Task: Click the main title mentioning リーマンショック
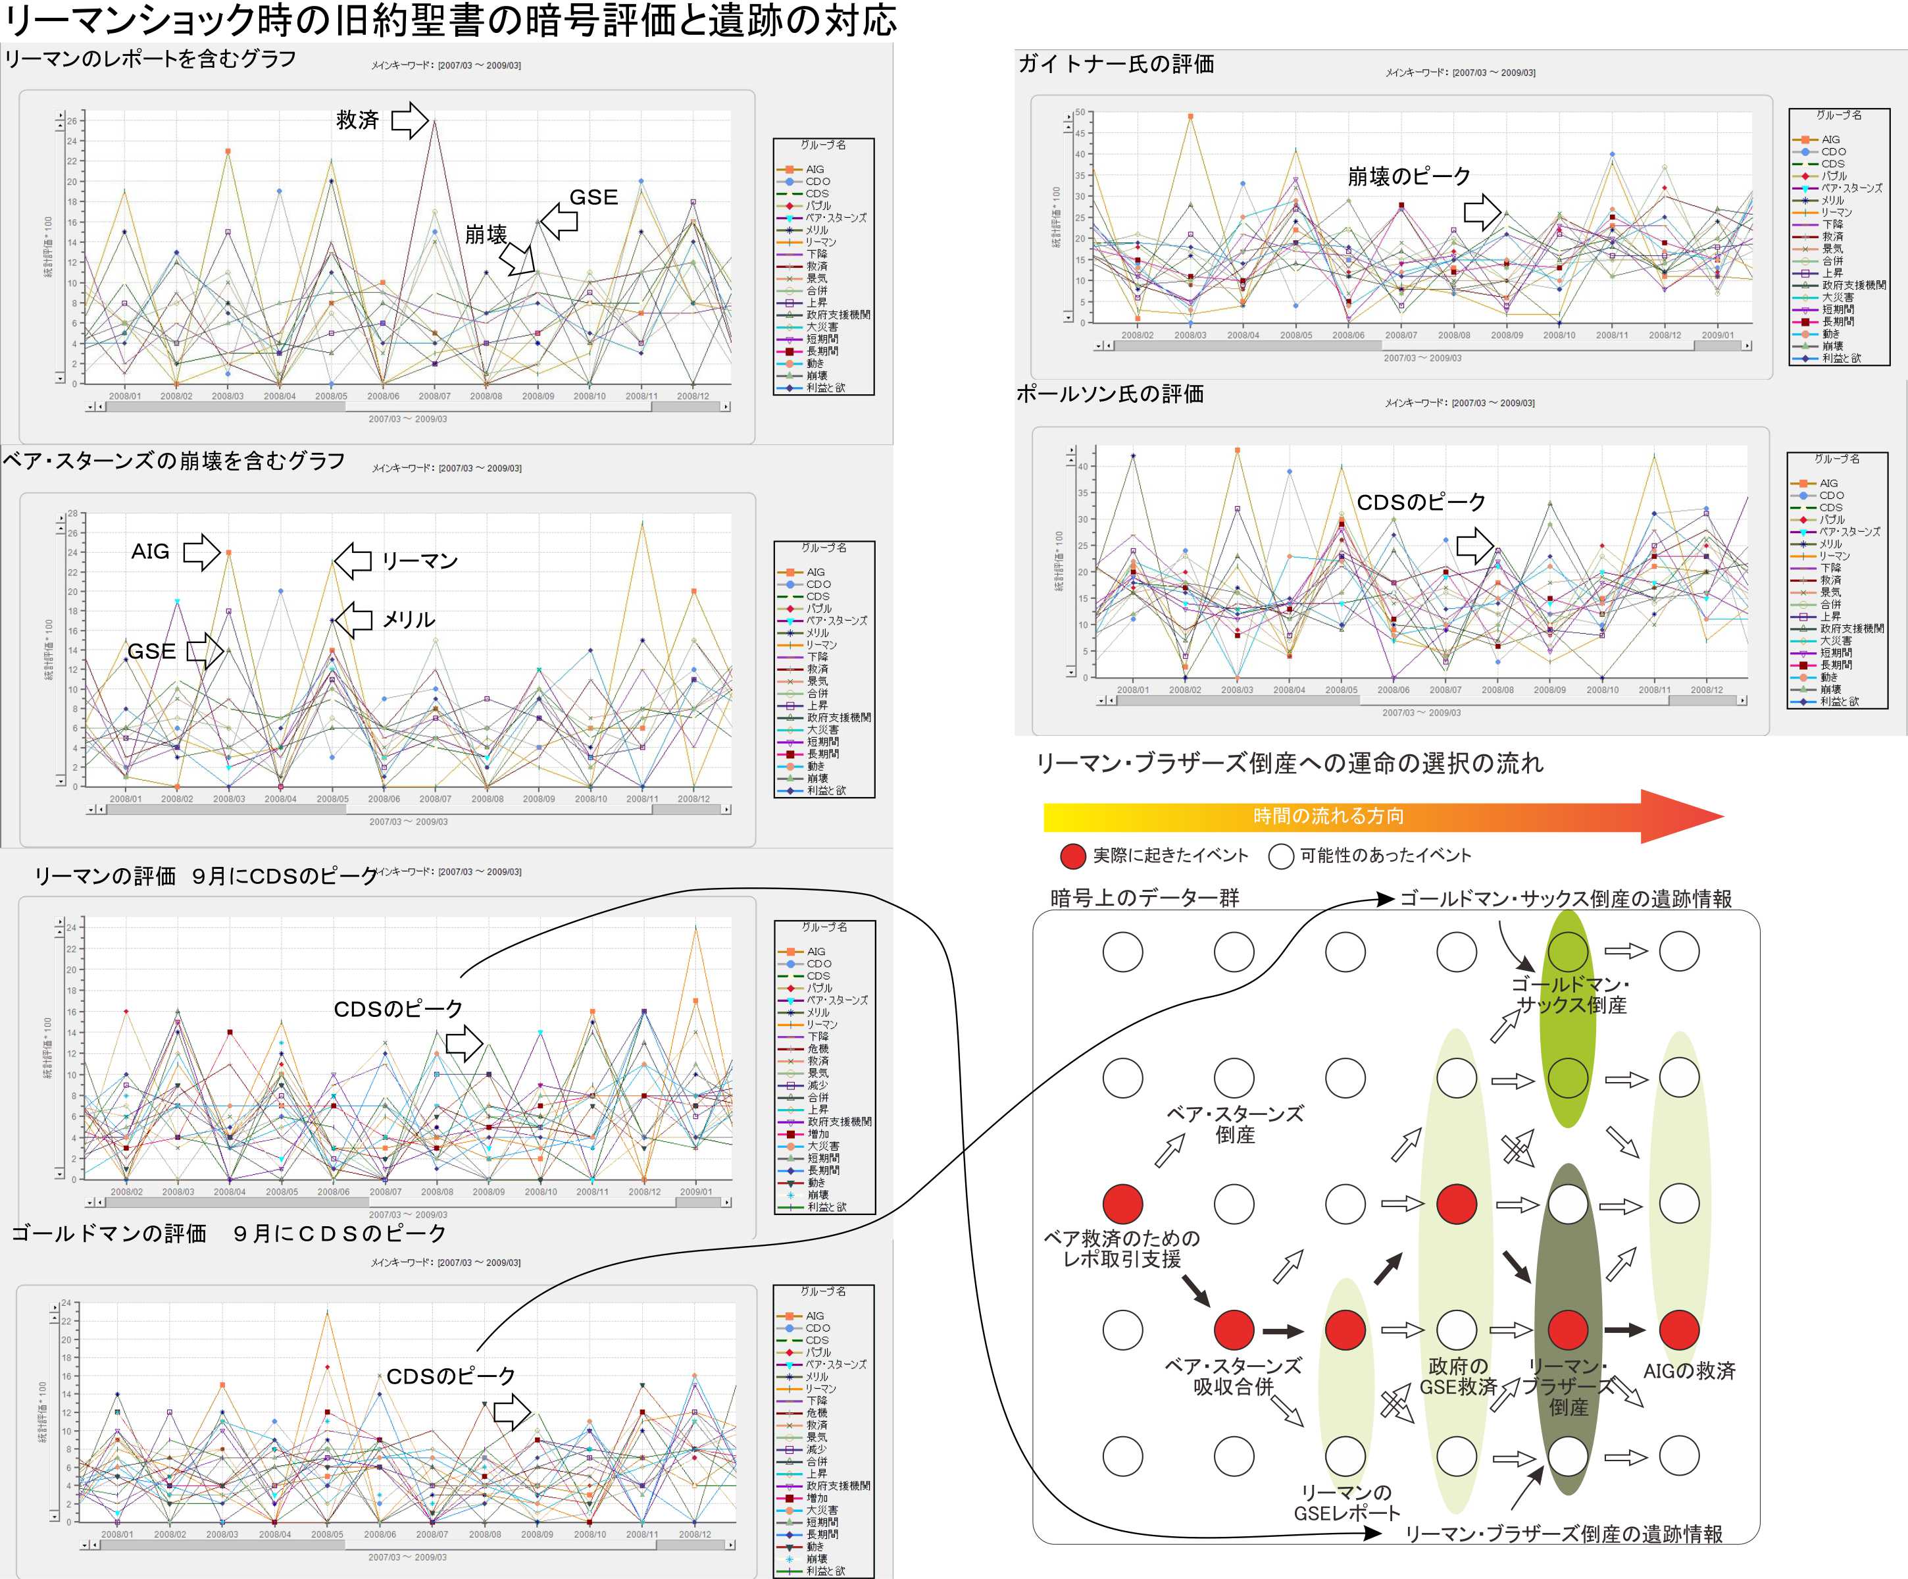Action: coord(450,20)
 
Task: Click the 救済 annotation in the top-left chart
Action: coord(357,120)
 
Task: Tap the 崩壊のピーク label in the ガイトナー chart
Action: coord(1408,176)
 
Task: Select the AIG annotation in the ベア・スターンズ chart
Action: coord(150,552)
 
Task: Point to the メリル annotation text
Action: coord(408,620)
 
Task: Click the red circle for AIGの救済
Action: coord(1678,1330)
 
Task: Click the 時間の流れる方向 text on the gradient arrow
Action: coord(1328,816)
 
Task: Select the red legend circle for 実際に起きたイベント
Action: coord(1073,856)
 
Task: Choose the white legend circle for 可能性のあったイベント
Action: coord(1281,856)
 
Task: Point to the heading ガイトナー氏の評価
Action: coord(1116,64)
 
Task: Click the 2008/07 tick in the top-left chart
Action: coord(434,396)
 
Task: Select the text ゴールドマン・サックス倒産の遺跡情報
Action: coord(1565,899)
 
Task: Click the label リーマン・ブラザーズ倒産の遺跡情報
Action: coord(1564,1534)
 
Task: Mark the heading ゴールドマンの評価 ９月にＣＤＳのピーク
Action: coord(228,1233)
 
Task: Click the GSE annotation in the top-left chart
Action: coord(593,197)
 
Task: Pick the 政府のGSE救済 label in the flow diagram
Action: coord(1457,1376)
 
